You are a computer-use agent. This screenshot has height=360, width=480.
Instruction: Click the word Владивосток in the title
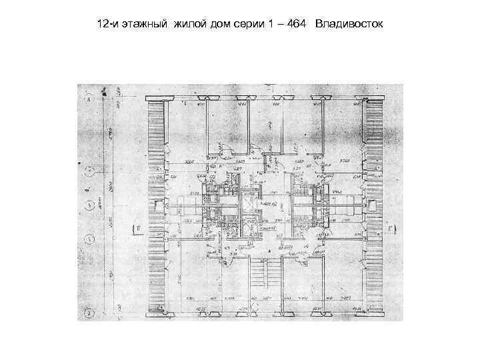point(349,25)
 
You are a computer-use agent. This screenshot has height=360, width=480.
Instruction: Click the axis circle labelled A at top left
point(89,99)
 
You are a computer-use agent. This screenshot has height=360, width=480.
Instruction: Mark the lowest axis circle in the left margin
point(89,311)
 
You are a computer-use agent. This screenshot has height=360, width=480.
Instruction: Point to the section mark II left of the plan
point(136,230)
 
